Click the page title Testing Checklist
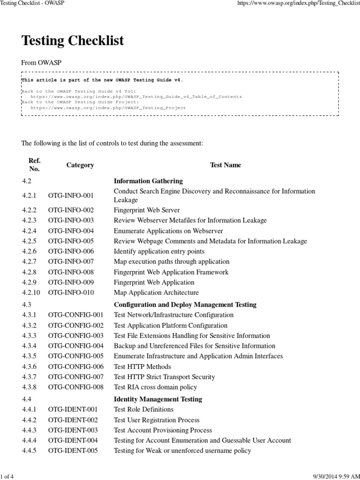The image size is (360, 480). click(73, 41)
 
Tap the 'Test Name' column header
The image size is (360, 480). click(225, 165)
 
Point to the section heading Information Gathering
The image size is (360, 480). click(148, 181)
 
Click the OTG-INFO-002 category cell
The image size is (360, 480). click(71, 210)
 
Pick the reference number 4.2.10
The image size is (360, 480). click(31, 292)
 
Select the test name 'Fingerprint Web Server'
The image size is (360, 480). click(147, 210)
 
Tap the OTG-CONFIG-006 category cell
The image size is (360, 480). click(75, 367)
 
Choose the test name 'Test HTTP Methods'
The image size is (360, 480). click(142, 367)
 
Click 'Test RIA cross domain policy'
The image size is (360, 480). click(156, 387)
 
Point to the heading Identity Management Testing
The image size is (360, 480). click(158, 399)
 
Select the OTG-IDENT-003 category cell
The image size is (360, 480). click(73, 430)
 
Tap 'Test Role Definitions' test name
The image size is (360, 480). click(144, 410)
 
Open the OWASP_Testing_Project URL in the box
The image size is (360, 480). click(108, 107)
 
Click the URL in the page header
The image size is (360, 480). click(300, 3)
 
